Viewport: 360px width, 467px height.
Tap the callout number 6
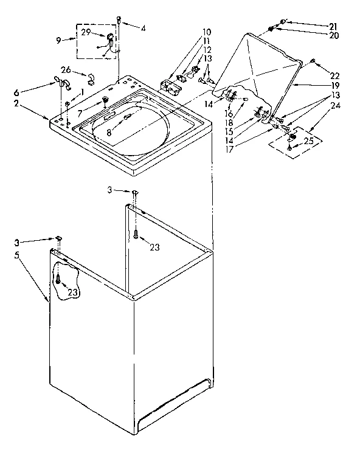(16, 92)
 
